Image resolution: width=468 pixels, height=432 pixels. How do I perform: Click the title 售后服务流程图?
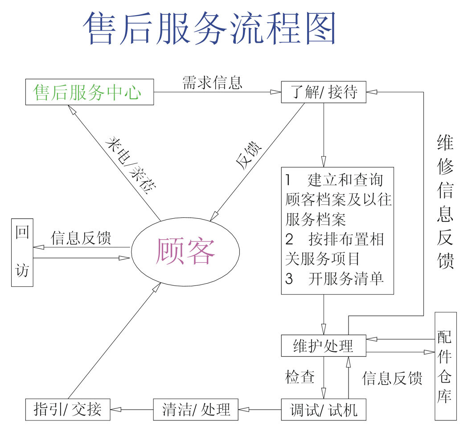tap(209, 28)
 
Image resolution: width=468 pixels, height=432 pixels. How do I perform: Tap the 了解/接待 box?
tap(324, 93)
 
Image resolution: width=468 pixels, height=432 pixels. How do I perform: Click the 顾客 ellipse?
tap(185, 251)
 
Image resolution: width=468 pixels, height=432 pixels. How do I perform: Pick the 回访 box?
tap(22, 252)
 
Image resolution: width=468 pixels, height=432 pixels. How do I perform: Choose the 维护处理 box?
tap(324, 346)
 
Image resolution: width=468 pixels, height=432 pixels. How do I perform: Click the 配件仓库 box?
tap(446, 366)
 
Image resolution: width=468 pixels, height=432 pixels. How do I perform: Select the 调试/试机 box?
tap(324, 409)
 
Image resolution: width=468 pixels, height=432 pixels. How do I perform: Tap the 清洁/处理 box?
tap(196, 409)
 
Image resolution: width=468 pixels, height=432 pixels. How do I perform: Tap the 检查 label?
tap(300, 377)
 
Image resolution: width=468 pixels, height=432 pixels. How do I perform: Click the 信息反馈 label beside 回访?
tap(81, 238)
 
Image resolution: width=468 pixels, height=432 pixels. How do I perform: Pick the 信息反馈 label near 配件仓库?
tap(392, 378)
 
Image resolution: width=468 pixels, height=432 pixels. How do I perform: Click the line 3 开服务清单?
tap(334, 279)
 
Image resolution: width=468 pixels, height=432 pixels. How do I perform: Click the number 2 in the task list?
tap(289, 240)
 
